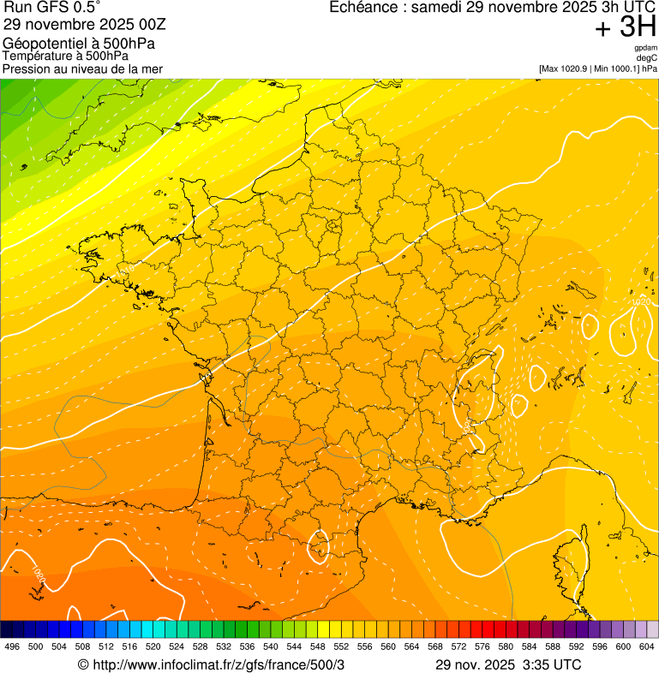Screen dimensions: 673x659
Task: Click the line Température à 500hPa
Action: point(65,56)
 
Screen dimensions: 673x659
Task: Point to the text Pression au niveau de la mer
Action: point(82,68)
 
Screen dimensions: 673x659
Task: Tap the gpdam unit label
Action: point(645,48)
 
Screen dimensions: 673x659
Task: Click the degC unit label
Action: point(647,58)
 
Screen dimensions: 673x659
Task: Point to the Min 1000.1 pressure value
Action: point(615,68)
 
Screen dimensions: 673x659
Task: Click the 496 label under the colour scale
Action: point(12,646)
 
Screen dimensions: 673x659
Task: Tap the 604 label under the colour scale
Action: point(647,646)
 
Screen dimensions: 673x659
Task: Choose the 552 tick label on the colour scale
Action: point(341,646)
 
